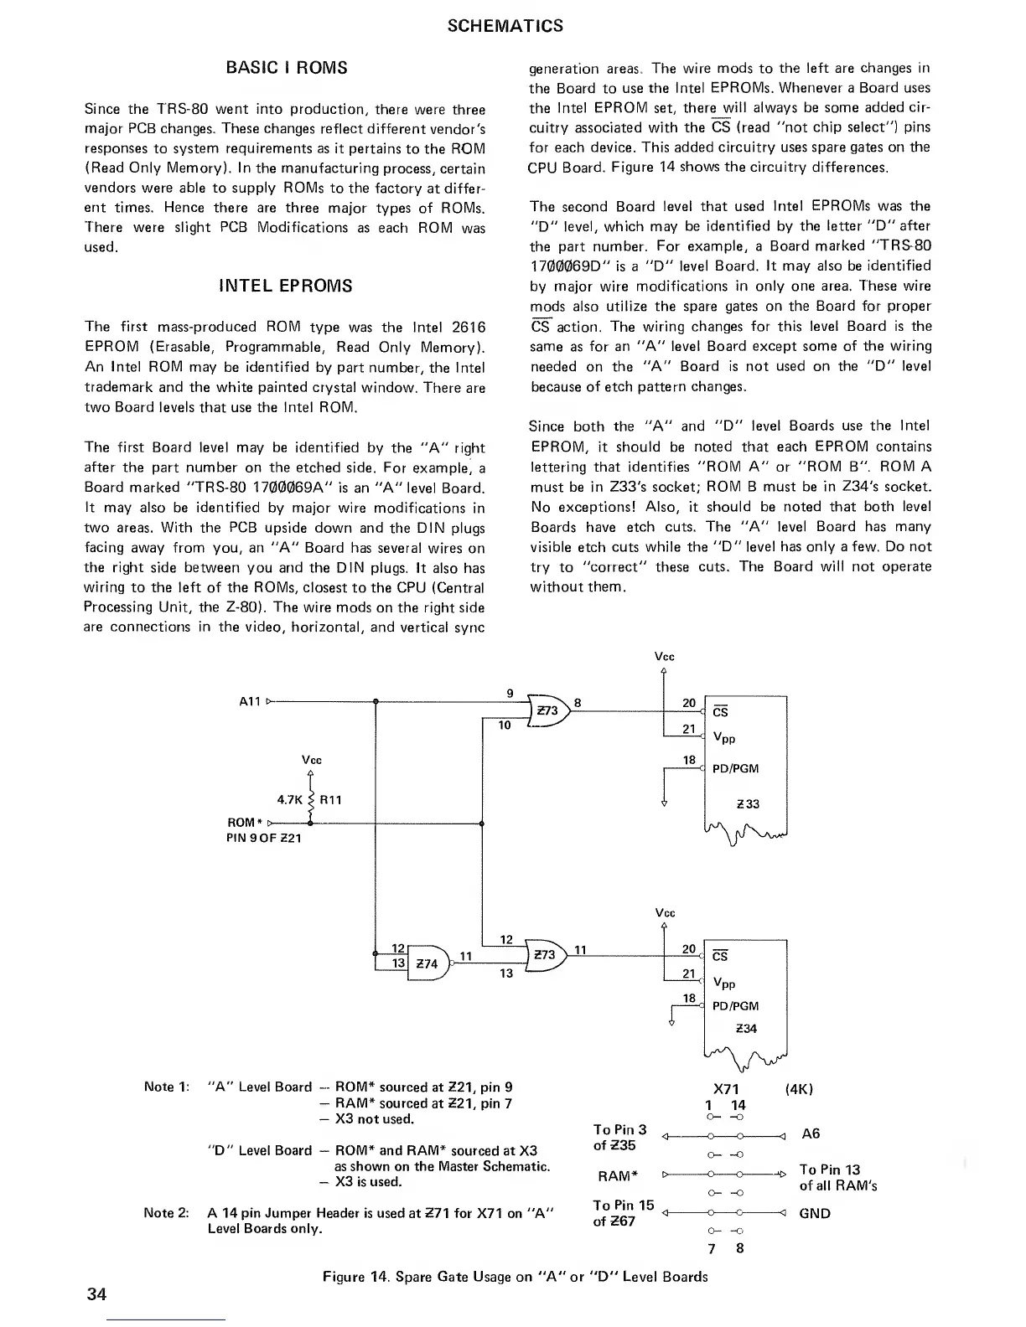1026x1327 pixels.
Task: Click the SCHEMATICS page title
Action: click(x=505, y=26)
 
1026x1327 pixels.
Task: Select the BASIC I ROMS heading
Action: click(x=287, y=68)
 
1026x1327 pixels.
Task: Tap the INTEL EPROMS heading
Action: click(x=285, y=287)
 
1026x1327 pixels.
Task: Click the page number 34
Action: click(x=96, y=1293)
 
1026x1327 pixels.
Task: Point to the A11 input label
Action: click(x=250, y=702)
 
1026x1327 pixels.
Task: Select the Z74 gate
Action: click(x=427, y=963)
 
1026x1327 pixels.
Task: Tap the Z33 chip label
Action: click(x=748, y=804)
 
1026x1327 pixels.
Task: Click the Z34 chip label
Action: click(x=747, y=1029)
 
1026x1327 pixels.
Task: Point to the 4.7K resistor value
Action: click(x=289, y=800)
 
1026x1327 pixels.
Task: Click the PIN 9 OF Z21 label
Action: click(x=264, y=838)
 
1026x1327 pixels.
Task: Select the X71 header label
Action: click(x=725, y=1089)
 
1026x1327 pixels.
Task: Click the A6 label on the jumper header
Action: click(x=811, y=1134)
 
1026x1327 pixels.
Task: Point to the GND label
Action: click(x=815, y=1213)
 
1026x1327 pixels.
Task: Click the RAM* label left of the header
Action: click(x=614, y=1176)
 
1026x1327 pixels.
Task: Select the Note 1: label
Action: click(x=168, y=1087)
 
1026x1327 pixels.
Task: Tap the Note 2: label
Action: click(x=168, y=1212)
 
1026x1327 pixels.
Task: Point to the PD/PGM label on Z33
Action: click(x=735, y=768)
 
